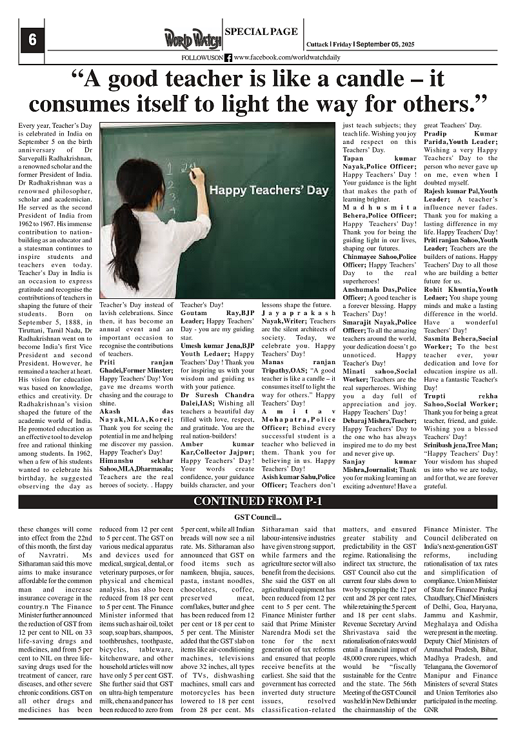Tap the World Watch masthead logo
tap(192, 39)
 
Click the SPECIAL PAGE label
tap(261, 31)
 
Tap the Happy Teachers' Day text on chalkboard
tap(269, 190)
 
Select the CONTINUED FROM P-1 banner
tap(257, 502)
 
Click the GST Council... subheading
tap(257, 517)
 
